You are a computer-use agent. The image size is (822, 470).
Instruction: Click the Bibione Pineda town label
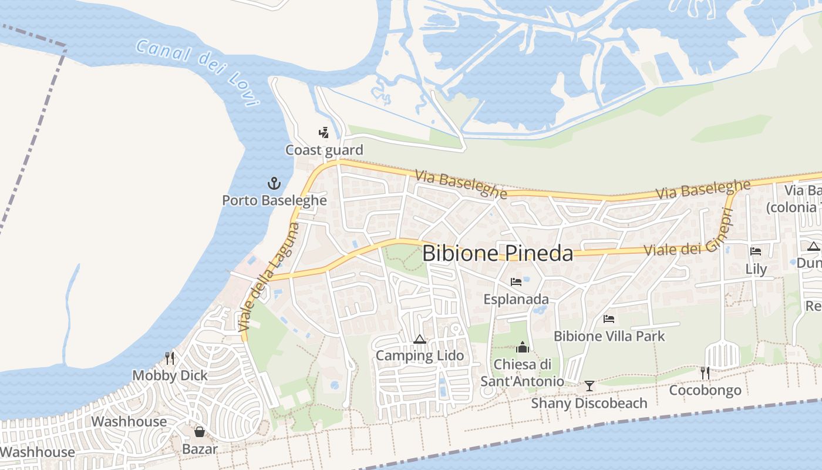pyautogui.click(x=497, y=253)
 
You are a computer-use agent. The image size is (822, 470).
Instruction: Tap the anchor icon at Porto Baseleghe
pyautogui.click(x=274, y=183)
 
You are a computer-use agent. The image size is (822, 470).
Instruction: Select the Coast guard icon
pyautogui.click(x=324, y=133)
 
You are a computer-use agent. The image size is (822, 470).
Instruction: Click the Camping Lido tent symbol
pyautogui.click(x=419, y=339)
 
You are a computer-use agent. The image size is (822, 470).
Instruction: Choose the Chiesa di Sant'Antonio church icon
pyautogui.click(x=523, y=347)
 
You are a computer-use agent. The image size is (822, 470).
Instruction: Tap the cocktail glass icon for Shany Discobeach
pyautogui.click(x=589, y=386)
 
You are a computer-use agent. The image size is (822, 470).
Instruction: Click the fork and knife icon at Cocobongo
pyautogui.click(x=705, y=372)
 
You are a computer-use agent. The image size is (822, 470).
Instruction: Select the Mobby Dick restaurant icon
pyautogui.click(x=170, y=358)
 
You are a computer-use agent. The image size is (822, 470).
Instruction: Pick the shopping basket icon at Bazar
pyautogui.click(x=200, y=432)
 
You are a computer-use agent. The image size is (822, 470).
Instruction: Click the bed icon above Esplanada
pyautogui.click(x=516, y=282)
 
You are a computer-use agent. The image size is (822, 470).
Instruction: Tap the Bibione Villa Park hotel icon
pyautogui.click(x=609, y=319)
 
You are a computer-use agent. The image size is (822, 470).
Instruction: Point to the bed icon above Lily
pyautogui.click(x=756, y=251)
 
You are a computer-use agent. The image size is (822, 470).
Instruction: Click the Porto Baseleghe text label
pyautogui.click(x=274, y=200)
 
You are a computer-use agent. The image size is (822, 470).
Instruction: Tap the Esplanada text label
pyautogui.click(x=516, y=299)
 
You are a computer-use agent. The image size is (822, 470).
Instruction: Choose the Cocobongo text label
pyautogui.click(x=705, y=390)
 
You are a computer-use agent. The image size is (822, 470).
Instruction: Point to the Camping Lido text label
pyautogui.click(x=419, y=355)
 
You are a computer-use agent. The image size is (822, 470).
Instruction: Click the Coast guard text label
pyautogui.click(x=324, y=150)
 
